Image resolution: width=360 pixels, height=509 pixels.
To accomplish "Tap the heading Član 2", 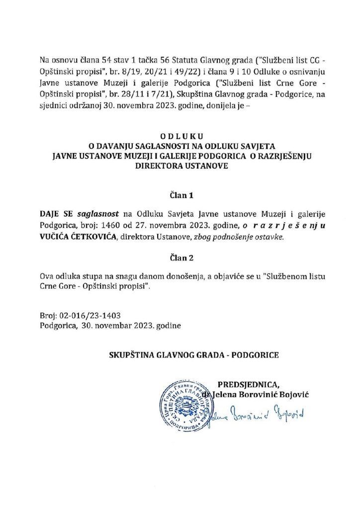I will click(180, 258).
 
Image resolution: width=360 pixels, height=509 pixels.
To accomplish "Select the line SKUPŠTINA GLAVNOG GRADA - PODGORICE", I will click(194, 355).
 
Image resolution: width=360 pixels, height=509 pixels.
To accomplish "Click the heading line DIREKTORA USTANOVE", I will click(180, 167).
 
